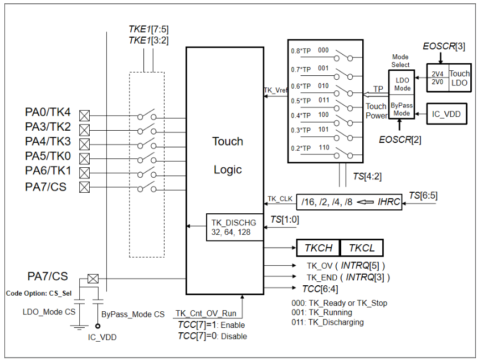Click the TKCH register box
[x=318, y=248]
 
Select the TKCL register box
[x=362, y=248]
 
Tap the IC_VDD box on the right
[x=446, y=115]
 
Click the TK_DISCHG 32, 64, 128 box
[x=231, y=227]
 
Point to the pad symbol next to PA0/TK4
[x=85, y=116]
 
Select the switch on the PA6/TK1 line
[x=147, y=173]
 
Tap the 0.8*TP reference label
[x=302, y=51]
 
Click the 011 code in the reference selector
[x=323, y=100]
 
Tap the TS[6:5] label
[x=423, y=195]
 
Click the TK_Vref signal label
[x=275, y=90]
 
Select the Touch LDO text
[x=459, y=78]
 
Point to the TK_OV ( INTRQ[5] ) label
[x=346, y=265]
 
